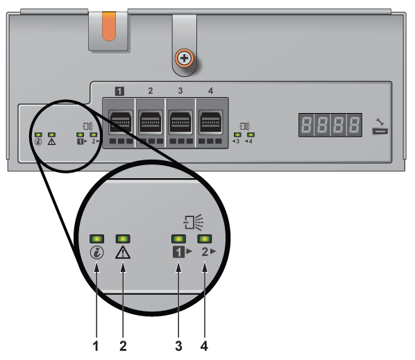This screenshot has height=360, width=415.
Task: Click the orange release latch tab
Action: point(109,26)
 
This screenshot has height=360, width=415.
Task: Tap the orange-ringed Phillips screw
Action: point(184,58)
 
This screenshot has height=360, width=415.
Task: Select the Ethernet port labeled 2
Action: point(151,122)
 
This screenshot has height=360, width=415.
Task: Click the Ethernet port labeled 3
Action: point(180,122)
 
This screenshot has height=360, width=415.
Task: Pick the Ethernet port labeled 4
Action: point(211,122)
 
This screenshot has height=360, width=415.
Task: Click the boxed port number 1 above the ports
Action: point(119,92)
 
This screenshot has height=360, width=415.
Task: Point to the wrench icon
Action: point(380,121)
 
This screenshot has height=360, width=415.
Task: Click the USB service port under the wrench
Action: point(380,131)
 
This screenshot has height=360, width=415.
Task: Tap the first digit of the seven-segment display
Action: point(306,125)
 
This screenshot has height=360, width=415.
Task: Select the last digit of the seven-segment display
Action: point(355,125)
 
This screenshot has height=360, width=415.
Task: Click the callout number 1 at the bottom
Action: point(96,346)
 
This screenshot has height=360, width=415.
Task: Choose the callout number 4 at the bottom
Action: point(204,346)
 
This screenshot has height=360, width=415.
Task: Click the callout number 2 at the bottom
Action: point(123,346)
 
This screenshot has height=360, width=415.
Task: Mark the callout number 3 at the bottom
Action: point(178,346)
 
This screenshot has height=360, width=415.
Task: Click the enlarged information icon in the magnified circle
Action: point(97,252)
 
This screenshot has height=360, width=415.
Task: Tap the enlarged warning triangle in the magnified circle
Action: point(123,252)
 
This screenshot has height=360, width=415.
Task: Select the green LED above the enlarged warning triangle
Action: point(123,239)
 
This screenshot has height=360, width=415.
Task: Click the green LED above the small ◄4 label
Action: point(251,135)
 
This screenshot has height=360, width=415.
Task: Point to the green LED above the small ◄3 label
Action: point(237,135)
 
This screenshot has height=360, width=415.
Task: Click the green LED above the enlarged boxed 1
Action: point(178,239)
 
